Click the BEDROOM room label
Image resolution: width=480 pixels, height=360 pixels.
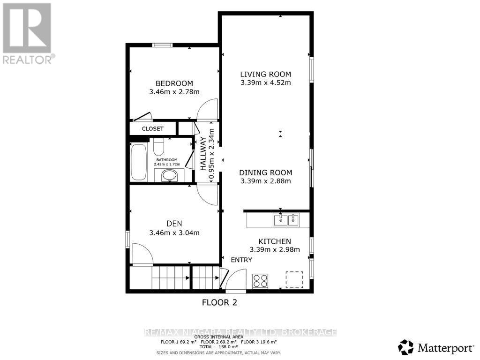click(174, 83)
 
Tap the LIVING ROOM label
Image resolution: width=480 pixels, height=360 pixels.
click(265, 74)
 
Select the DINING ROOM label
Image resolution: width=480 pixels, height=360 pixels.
click(265, 172)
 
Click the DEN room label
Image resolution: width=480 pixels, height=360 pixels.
click(174, 224)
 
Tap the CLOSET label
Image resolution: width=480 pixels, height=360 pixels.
click(153, 128)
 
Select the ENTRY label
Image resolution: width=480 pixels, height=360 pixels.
click(241, 260)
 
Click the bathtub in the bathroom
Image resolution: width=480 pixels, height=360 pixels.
click(139, 162)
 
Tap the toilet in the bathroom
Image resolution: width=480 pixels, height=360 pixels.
click(158, 146)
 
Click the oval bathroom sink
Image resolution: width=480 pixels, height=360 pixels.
click(169, 176)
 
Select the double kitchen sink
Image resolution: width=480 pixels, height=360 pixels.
click(286, 219)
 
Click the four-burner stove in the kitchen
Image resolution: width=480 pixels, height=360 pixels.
click(260, 281)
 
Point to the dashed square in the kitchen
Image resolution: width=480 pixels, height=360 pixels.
click(294, 280)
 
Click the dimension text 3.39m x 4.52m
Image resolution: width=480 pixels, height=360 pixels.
click(265, 83)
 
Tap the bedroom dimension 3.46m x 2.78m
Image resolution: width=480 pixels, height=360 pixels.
click(174, 92)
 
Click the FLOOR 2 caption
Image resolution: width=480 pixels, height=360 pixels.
click(219, 302)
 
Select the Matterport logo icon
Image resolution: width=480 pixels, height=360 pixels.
click(406, 347)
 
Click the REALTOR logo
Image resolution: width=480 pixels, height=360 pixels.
click(27, 33)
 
